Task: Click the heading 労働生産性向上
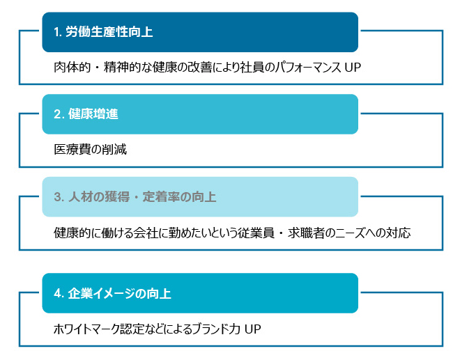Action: [x=109, y=31]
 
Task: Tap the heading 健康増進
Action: [x=93, y=114]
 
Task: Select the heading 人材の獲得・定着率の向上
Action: [x=142, y=196]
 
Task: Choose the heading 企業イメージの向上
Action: [x=119, y=293]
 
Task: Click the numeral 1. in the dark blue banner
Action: [x=58, y=32]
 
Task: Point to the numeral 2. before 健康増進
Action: [x=59, y=114]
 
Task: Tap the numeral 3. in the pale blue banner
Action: [x=59, y=197]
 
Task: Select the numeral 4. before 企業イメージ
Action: [x=59, y=293]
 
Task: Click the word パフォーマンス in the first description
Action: [x=307, y=67]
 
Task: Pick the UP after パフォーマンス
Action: [x=353, y=68]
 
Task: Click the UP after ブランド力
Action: [x=252, y=329]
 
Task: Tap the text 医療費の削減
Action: [x=91, y=150]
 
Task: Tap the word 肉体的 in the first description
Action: [x=72, y=67]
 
